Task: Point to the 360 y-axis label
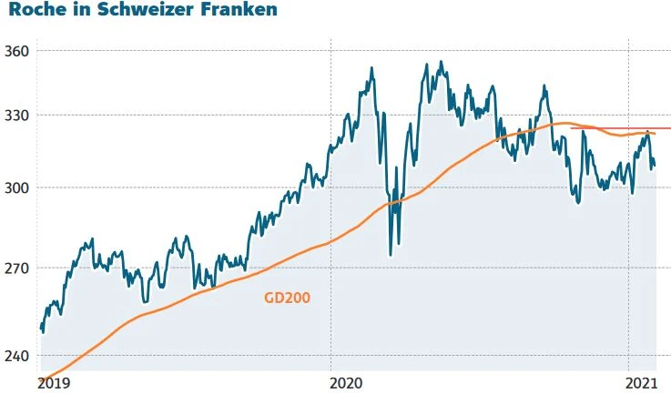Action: (16, 50)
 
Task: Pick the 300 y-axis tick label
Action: (16, 187)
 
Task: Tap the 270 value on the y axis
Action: (16, 268)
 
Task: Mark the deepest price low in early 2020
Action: (391, 255)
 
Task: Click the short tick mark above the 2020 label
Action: (330, 372)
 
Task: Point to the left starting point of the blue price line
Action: (41, 329)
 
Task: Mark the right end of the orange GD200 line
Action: (655, 134)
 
